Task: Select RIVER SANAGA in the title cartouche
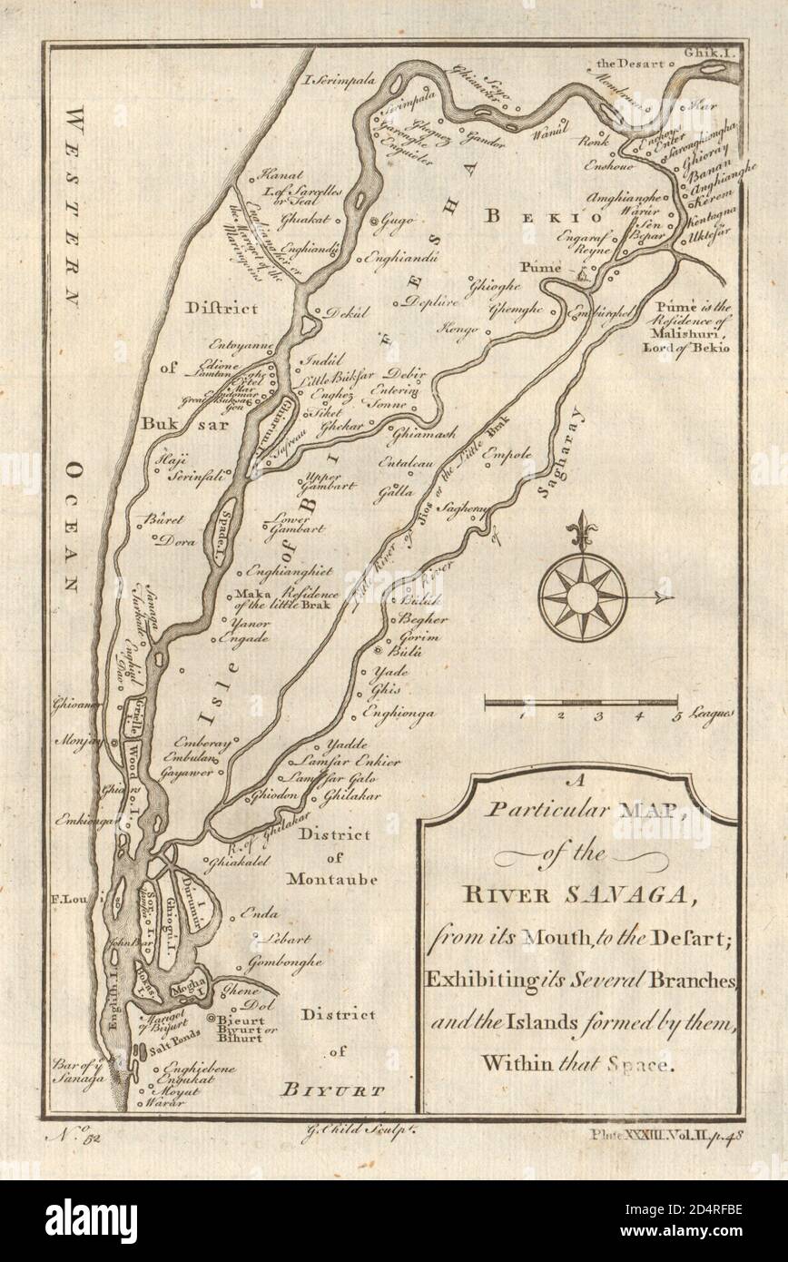578,899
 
